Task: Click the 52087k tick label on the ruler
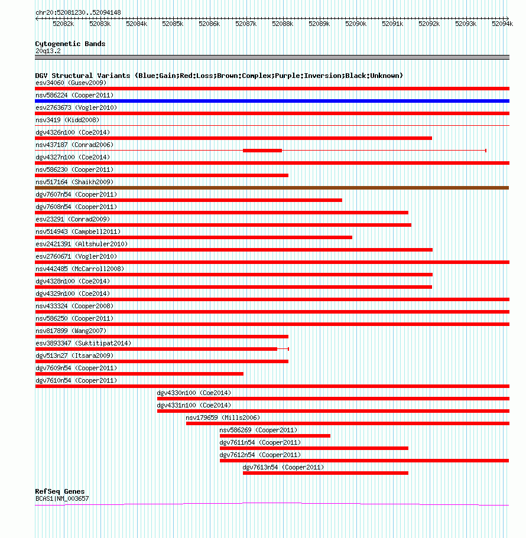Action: (x=246, y=24)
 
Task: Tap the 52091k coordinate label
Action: (x=392, y=24)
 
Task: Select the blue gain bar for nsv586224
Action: (x=272, y=101)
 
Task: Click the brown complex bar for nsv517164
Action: (x=272, y=188)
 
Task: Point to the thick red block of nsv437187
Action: (x=262, y=150)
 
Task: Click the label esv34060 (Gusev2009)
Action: (x=71, y=83)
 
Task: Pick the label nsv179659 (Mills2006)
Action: (x=223, y=418)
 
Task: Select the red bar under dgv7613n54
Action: (x=326, y=473)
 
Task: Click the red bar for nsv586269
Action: (x=275, y=436)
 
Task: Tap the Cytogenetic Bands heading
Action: (x=70, y=44)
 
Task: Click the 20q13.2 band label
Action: (x=48, y=51)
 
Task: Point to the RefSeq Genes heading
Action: (x=60, y=491)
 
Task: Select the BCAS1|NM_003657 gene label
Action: (x=62, y=498)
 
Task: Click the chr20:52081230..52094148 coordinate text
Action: (x=78, y=12)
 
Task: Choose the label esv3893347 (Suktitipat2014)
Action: (x=83, y=343)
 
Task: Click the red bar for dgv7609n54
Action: (x=139, y=374)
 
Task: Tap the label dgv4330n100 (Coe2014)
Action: (x=194, y=393)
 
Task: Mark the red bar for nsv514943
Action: (x=194, y=237)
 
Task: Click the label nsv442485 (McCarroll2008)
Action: (x=80, y=269)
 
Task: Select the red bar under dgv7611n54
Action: (x=314, y=448)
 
